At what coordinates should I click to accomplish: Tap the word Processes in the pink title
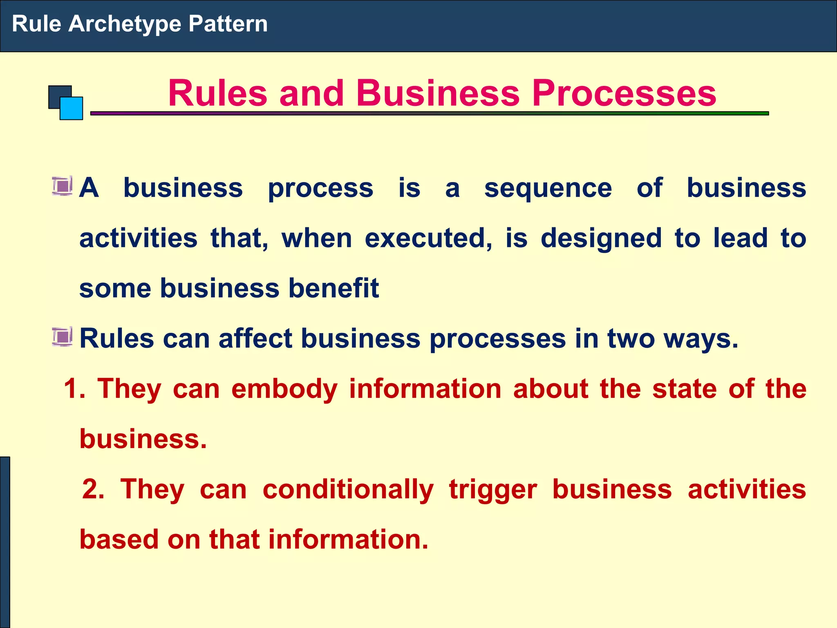[624, 93]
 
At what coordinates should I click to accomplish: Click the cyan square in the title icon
[72, 108]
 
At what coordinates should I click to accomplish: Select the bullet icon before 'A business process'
[63, 186]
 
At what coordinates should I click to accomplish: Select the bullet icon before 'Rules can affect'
[63, 337]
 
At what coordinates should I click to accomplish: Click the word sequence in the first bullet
[548, 189]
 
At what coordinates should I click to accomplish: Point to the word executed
[428, 238]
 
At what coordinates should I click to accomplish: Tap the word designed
[601, 239]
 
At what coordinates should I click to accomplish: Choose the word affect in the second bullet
[255, 339]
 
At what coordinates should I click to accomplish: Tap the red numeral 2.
[93, 489]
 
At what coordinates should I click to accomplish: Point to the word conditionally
[348, 490]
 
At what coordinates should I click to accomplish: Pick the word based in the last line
[119, 539]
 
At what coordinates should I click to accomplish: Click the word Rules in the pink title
[217, 93]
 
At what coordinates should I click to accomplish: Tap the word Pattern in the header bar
[228, 24]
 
